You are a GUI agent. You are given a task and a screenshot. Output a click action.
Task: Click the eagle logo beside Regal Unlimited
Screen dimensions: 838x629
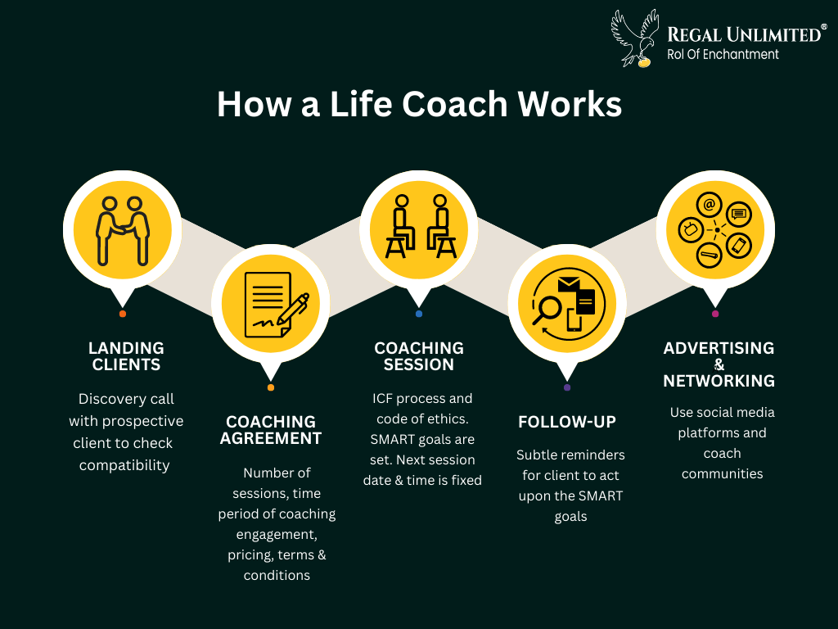pyautogui.click(x=636, y=38)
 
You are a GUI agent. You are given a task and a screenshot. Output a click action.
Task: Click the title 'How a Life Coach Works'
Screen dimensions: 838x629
pyautogui.click(x=419, y=104)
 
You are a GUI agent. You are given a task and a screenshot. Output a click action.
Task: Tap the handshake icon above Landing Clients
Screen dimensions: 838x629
pyautogui.click(x=123, y=231)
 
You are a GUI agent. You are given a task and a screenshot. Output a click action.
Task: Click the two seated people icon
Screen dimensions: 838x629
pyautogui.click(x=421, y=226)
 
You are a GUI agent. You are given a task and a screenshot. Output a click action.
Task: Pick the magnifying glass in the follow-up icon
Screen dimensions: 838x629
pyautogui.click(x=546, y=310)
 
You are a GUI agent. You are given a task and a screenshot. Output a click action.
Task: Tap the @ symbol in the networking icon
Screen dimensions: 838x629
pyautogui.click(x=710, y=205)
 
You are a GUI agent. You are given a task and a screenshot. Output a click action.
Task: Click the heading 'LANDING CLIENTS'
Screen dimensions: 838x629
pyautogui.click(x=126, y=356)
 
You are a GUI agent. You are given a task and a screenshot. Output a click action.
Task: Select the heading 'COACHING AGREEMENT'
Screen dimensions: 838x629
pyautogui.click(x=270, y=430)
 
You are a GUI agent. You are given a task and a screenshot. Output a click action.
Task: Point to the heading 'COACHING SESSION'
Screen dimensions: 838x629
pyautogui.click(x=419, y=356)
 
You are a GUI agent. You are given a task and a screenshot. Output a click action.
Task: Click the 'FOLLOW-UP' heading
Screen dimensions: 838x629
pyautogui.click(x=567, y=422)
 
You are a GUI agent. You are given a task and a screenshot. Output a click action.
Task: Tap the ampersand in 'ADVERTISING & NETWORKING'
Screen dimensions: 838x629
pyautogui.click(x=719, y=364)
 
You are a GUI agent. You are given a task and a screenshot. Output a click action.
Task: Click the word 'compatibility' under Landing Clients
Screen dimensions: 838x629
pyautogui.click(x=124, y=465)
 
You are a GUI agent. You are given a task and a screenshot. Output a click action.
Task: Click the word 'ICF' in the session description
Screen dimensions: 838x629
pyautogui.click(x=382, y=399)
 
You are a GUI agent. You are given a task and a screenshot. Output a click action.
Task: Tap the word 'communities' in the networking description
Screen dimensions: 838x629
pyautogui.click(x=722, y=474)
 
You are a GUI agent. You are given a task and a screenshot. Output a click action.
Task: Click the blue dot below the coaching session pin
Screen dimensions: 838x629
pyautogui.click(x=419, y=314)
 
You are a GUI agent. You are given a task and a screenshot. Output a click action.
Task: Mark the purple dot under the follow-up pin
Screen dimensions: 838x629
pyautogui.click(x=567, y=387)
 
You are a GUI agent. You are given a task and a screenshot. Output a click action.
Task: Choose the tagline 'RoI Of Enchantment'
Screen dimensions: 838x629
pyautogui.click(x=723, y=55)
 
